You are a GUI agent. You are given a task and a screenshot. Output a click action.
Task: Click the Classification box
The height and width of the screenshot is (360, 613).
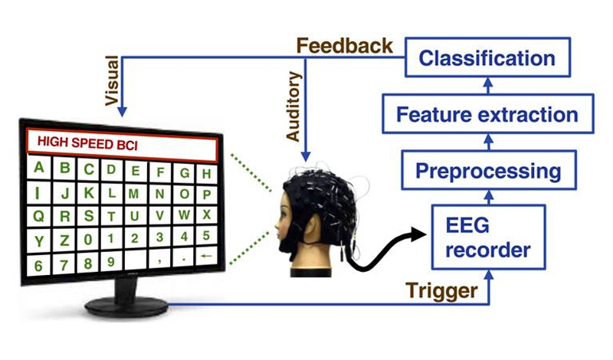(487, 57)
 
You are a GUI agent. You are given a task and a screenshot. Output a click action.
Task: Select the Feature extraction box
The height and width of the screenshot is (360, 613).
(488, 114)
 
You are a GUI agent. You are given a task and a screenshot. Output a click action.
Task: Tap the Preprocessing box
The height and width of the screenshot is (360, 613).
(489, 170)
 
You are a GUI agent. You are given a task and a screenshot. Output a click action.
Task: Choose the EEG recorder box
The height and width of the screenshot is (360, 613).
(488, 237)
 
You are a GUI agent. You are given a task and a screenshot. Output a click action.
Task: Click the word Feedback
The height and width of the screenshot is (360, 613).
(344, 46)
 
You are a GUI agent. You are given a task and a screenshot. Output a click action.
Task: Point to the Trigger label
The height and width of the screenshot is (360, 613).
(441, 290)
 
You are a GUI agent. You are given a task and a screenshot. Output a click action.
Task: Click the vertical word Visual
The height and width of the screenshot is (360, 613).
(112, 80)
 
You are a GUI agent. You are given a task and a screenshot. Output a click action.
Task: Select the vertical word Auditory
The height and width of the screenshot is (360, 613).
(293, 106)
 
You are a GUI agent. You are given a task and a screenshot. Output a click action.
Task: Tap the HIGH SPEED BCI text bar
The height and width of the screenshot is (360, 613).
(122, 144)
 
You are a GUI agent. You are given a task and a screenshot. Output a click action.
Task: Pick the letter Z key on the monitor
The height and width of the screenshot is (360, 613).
(64, 240)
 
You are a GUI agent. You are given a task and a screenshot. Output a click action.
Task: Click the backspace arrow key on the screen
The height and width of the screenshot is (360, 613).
(206, 256)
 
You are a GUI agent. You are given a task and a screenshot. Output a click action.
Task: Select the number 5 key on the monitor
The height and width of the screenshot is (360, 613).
(206, 235)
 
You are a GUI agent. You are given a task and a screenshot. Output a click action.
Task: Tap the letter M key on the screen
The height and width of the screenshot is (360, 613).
(134, 193)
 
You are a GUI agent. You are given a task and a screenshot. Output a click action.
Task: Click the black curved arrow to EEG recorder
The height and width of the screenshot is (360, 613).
(382, 250)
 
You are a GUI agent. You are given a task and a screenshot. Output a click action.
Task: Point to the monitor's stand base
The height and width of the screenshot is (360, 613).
(126, 306)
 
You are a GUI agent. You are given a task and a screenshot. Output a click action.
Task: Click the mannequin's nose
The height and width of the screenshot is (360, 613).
(277, 225)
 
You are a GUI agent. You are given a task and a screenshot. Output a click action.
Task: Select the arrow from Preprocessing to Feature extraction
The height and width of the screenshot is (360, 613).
(488, 142)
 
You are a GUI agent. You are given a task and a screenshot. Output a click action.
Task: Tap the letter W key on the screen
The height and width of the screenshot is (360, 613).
(184, 214)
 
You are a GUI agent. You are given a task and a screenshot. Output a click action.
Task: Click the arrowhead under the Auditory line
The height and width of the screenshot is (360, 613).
(306, 156)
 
